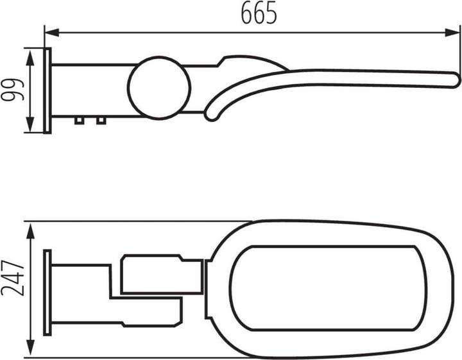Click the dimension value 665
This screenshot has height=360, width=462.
pos(259,13)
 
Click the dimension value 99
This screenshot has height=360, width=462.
pos(12,90)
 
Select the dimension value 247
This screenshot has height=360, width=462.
pos(12,278)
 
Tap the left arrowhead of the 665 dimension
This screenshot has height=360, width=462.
pos(52,33)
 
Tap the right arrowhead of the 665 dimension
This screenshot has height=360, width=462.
pos(452,33)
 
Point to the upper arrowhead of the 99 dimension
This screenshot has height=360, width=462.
pos(30,58)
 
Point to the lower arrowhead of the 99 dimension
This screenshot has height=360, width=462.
pos(30,124)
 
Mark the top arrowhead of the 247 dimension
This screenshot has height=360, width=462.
pos(30,231)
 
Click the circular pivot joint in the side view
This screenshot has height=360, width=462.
pos(159,88)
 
